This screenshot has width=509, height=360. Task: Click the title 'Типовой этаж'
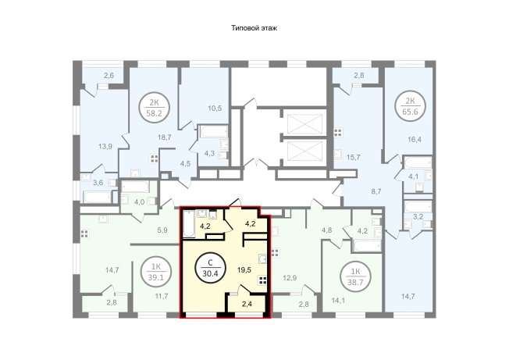[x=255, y=28]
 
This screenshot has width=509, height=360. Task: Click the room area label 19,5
[x=244, y=269]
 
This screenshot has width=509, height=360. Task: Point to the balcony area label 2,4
[x=247, y=305]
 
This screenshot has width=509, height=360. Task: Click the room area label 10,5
[x=215, y=108]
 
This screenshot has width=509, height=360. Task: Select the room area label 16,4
[x=415, y=140]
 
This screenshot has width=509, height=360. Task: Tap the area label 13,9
[x=105, y=146]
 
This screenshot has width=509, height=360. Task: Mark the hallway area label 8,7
[x=376, y=191]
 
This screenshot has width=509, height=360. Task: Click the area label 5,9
[x=162, y=230]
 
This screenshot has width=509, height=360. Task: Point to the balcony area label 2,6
[x=109, y=76]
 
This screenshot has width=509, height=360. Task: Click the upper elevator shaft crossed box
[x=304, y=124]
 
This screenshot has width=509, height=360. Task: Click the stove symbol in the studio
[x=262, y=281]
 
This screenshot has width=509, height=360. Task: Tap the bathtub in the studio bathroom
[x=188, y=224]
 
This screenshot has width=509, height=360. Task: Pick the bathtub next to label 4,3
[x=214, y=132]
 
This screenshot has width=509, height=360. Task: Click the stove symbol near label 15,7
[x=338, y=133]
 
